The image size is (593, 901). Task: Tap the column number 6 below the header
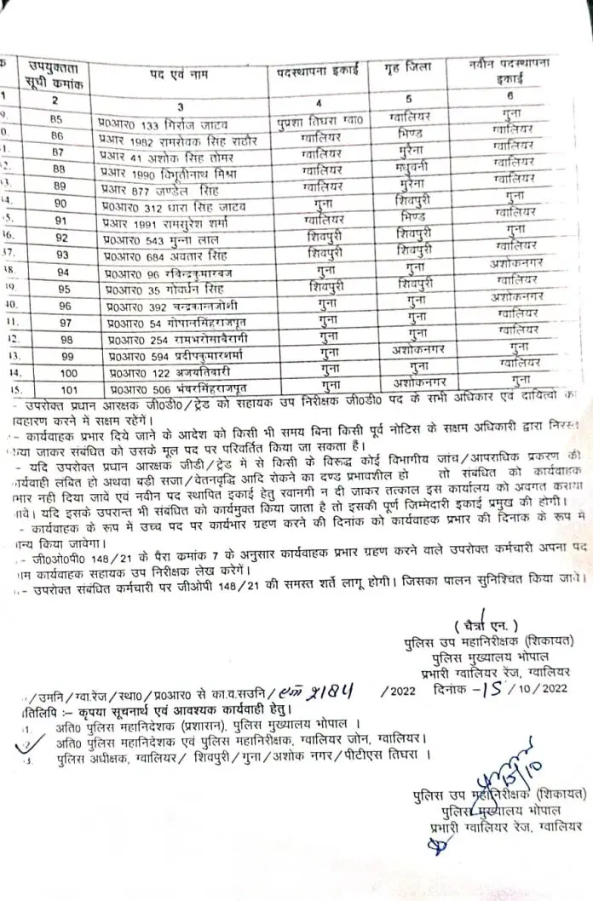[x=509, y=96]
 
